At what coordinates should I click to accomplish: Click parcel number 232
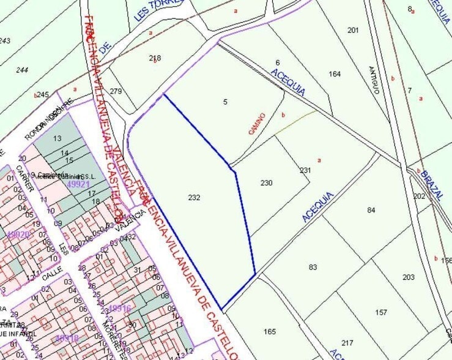tap(194, 198)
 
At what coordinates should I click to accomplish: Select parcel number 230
tap(266, 183)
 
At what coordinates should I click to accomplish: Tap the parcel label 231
tap(305, 171)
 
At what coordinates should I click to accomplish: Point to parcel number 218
tap(155, 58)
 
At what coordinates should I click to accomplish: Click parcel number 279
tap(116, 92)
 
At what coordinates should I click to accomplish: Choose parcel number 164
tap(334, 74)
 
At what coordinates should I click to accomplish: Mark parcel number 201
tap(353, 30)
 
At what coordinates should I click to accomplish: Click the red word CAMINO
tap(257, 124)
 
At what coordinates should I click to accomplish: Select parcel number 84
tap(371, 211)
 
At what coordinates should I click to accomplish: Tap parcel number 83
tap(313, 267)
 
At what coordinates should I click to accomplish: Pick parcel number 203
tap(409, 277)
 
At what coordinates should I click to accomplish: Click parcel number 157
tap(381, 312)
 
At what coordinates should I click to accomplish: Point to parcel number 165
tap(270, 332)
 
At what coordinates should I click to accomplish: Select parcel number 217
tap(347, 343)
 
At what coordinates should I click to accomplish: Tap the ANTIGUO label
tap(374, 80)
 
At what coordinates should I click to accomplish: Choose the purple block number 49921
tap(78, 183)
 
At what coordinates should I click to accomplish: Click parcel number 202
tap(419, 197)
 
